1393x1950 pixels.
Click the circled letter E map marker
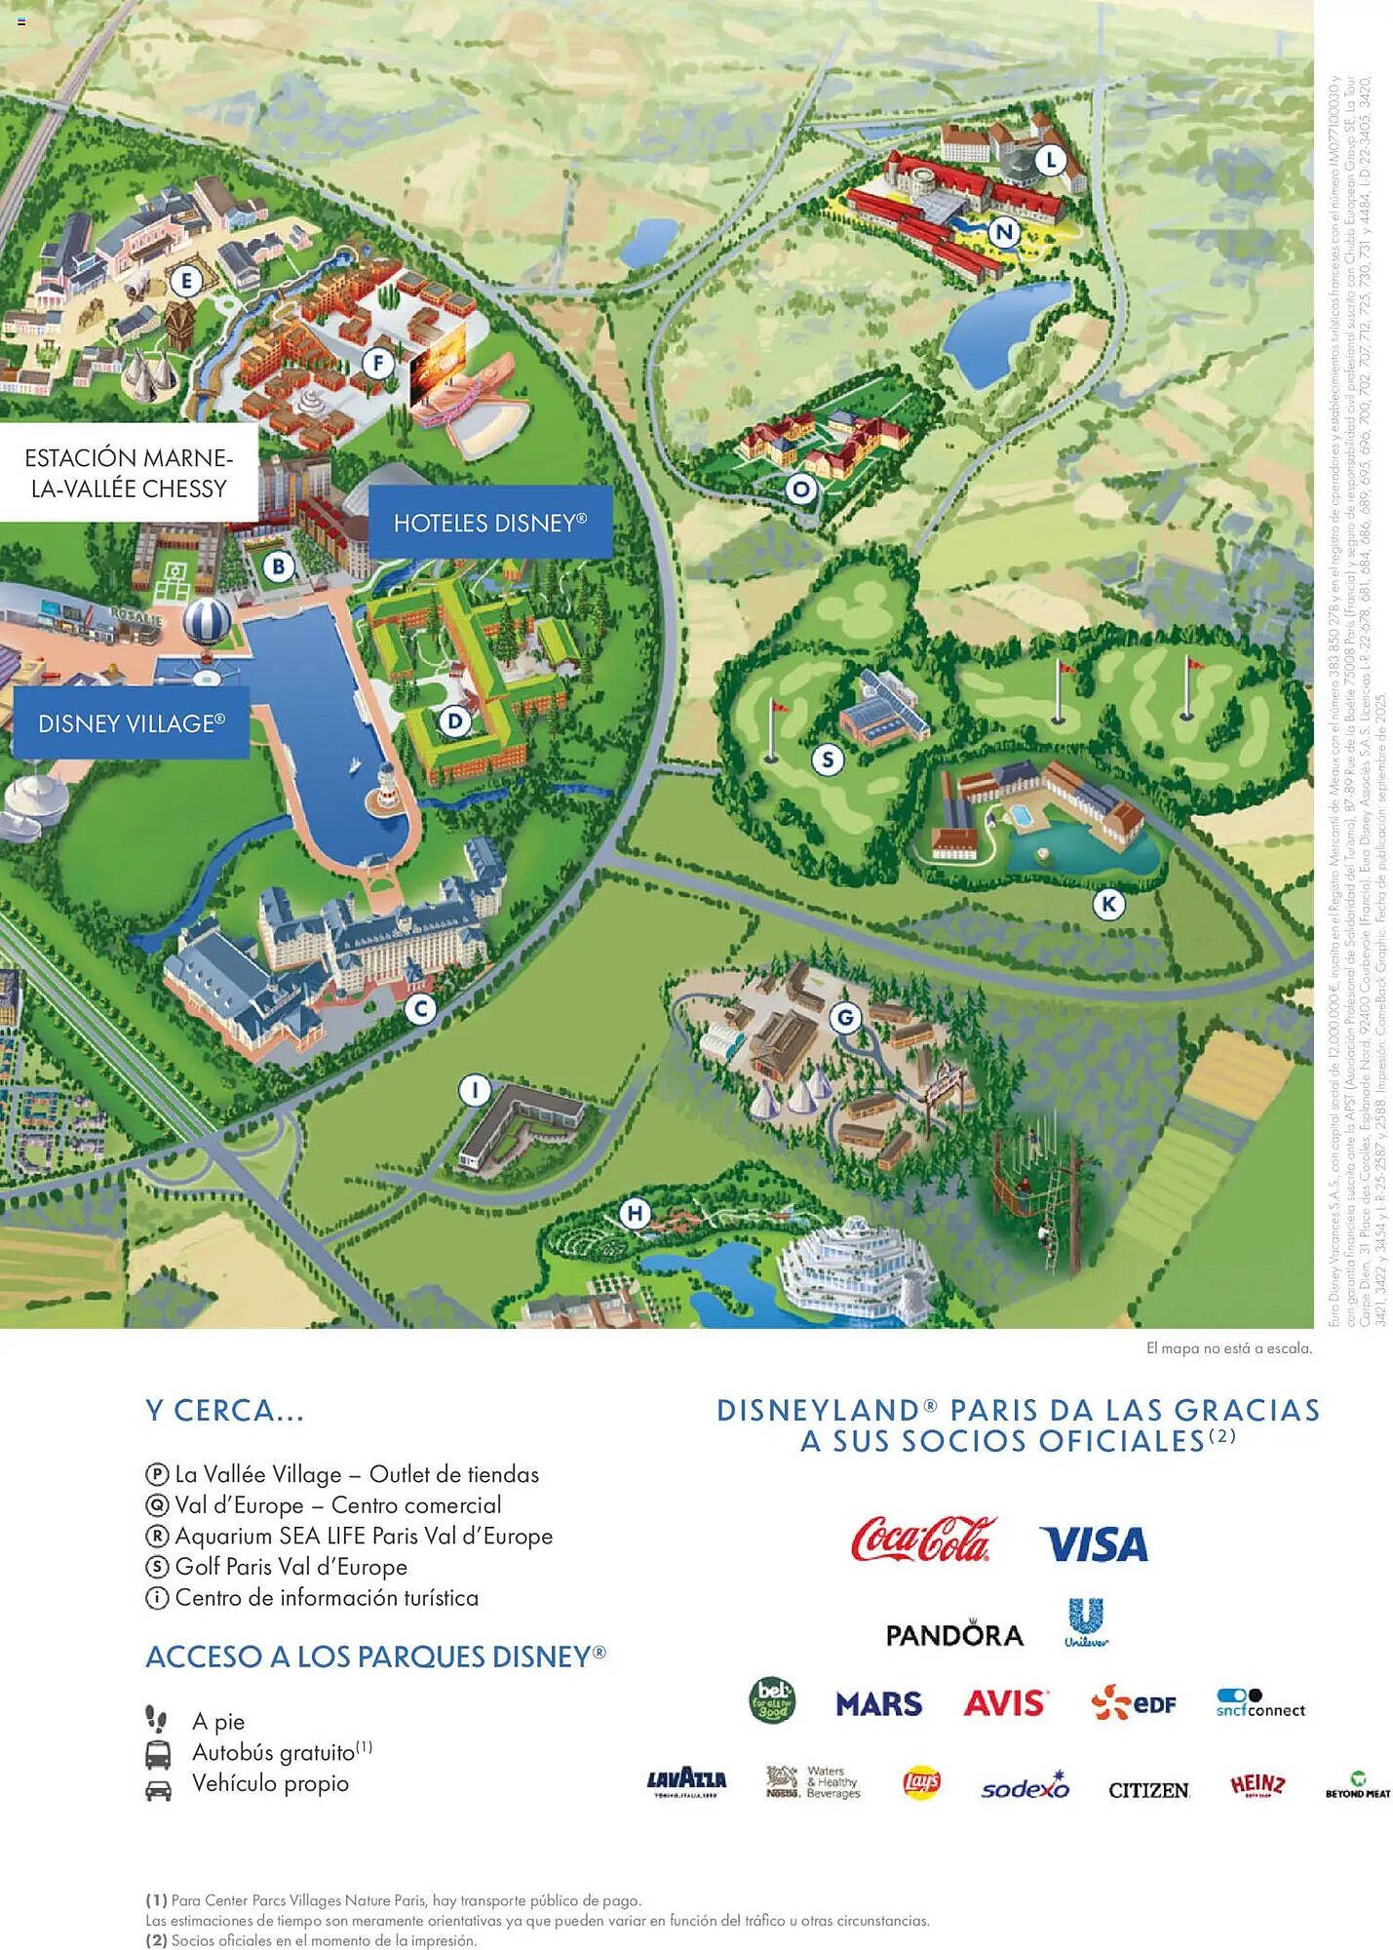pyautogui.click(x=186, y=283)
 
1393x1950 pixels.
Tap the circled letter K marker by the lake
pyautogui.click(x=1108, y=904)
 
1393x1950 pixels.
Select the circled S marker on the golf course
pyautogui.click(x=828, y=759)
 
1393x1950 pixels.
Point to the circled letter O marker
pyautogui.click(x=801, y=488)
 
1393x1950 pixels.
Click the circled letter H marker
pyautogui.click(x=636, y=1213)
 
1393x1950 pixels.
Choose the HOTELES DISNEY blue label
pyautogui.click(x=490, y=523)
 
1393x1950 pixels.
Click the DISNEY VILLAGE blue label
pyautogui.click(x=132, y=722)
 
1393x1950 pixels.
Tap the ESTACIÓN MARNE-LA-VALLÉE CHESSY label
pyautogui.click(x=129, y=473)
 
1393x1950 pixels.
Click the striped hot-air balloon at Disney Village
pyautogui.click(x=208, y=621)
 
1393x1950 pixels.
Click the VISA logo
pyautogui.click(x=1094, y=1543)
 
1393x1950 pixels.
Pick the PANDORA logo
pyautogui.click(x=954, y=1634)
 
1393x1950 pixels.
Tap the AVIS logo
pyautogui.click(x=1005, y=1703)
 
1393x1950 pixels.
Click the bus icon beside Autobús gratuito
pyautogui.click(x=158, y=1754)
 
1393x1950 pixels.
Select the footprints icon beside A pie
pyautogui.click(x=156, y=1718)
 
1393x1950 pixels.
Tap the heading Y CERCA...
pyautogui.click(x=225, y=1410)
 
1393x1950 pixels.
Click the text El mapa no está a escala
pyautogui.click(x=1228, y=1348)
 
